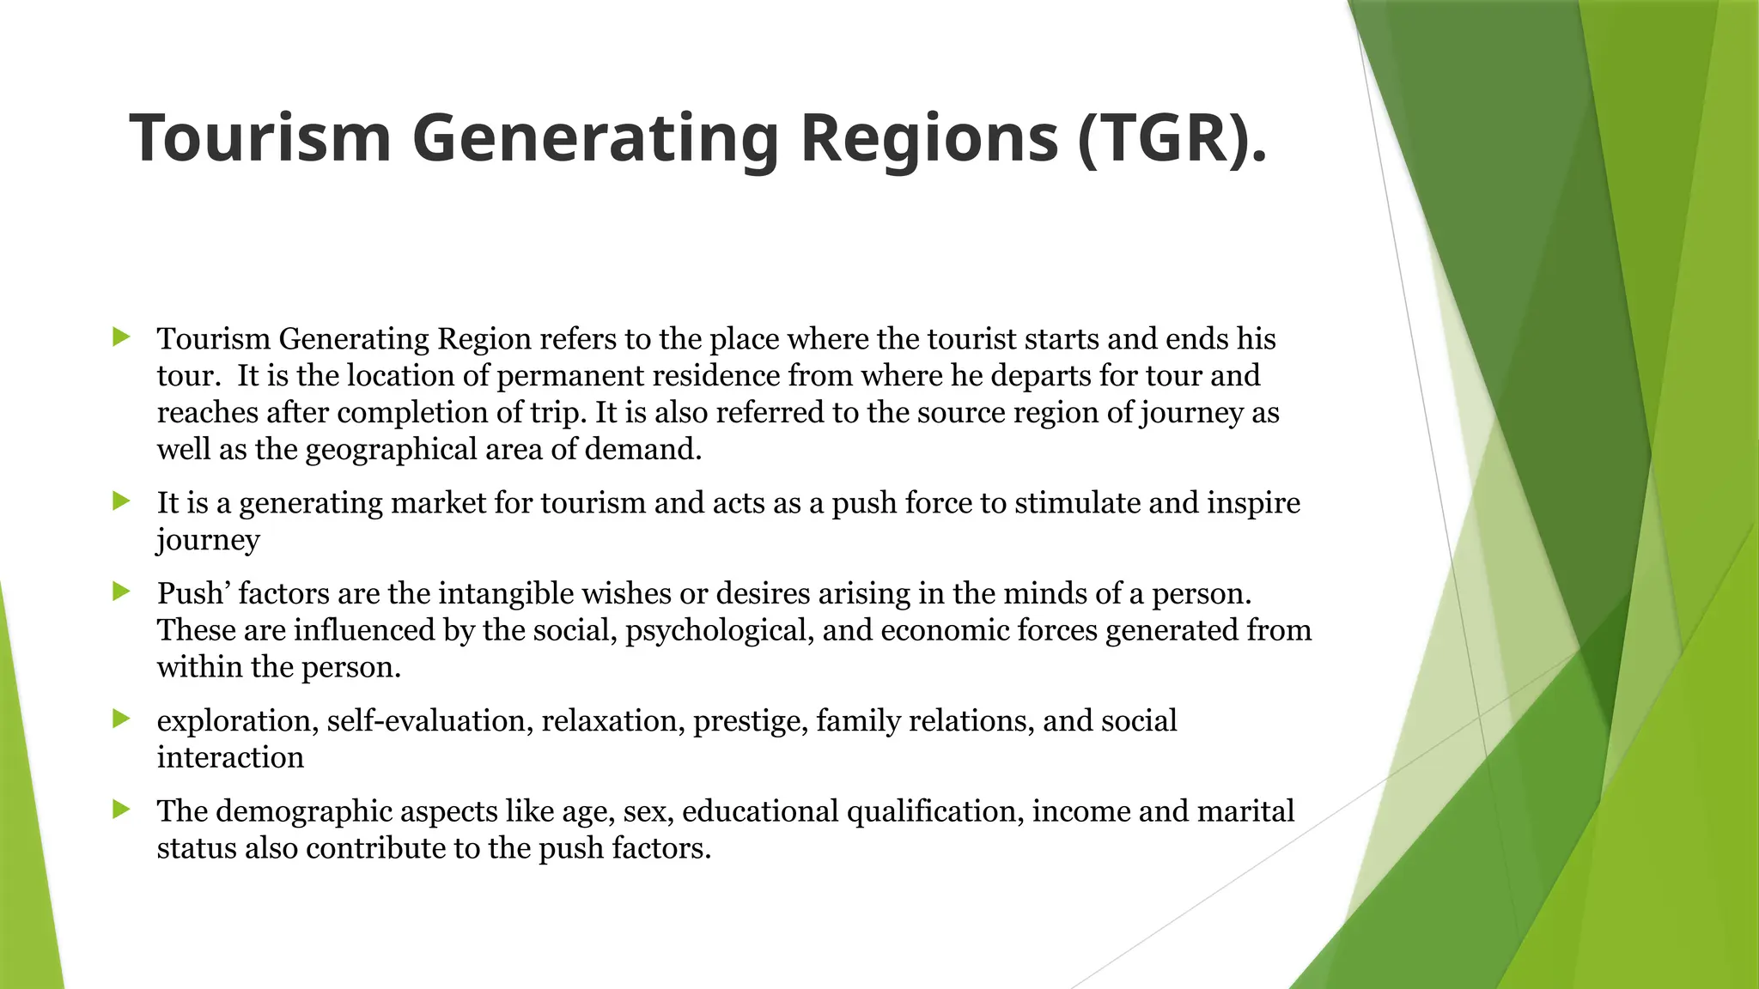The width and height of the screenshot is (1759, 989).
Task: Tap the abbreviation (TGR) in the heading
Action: click(1164, 138)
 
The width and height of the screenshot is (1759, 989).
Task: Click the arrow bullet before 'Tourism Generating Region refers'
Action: click(121, 337)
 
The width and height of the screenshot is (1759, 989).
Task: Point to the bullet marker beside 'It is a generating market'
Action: click(121, 501)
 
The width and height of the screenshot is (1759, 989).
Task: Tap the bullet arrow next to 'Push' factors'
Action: click(121, 591)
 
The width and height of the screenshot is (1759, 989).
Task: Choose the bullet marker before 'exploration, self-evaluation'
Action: click(121, 719)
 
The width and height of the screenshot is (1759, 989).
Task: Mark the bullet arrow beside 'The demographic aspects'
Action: click(121, 809)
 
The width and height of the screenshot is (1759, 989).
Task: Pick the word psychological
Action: click(719, 631)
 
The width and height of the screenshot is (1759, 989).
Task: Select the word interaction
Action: click(230, 758)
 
